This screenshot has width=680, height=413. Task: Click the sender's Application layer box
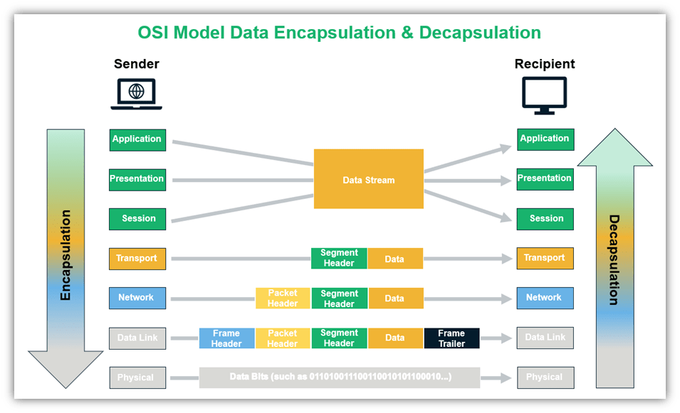pyautogui.click(x=137, y=139)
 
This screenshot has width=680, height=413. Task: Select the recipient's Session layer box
pyautogui.click(x=545, y=219)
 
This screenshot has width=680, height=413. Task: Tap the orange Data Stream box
pyautogui.click(x=368, y=180)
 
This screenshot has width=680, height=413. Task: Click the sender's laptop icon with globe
pyautogui.click(x=136, y=95)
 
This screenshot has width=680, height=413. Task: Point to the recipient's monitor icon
pyautogui.click(x=545, y=95)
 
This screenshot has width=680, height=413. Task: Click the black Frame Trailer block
pyautogui.click(x=451, y=338)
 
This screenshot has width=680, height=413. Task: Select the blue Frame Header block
pyautogui.click(x=226, y=338)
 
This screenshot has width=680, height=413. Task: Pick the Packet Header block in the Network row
pyautogui.click(x=283, y=299)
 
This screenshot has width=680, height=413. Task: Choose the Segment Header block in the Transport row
pyautogui.click(x=339, y=258)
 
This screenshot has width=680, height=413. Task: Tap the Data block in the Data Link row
pyautogui.click(x=395, y=338)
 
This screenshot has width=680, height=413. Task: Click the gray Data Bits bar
pyautogui.click(x=340, y=377)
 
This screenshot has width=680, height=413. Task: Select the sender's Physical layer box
pyautogui.click(x=137, y=377)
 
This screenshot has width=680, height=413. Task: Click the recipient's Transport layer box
pyautogui.click(x=545, y=258)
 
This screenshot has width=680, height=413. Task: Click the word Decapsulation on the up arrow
pyautogui.click(x=613, y=259)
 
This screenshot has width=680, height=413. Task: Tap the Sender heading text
pyautogui.click(x=136, y=64)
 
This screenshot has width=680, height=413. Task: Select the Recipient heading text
pyautogui.click(x=545, y=64)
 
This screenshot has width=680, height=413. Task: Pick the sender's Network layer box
pyautogui.click(x=137, y=298)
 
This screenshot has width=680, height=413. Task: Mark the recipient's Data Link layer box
pyautogui.click(x=545, y=338)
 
